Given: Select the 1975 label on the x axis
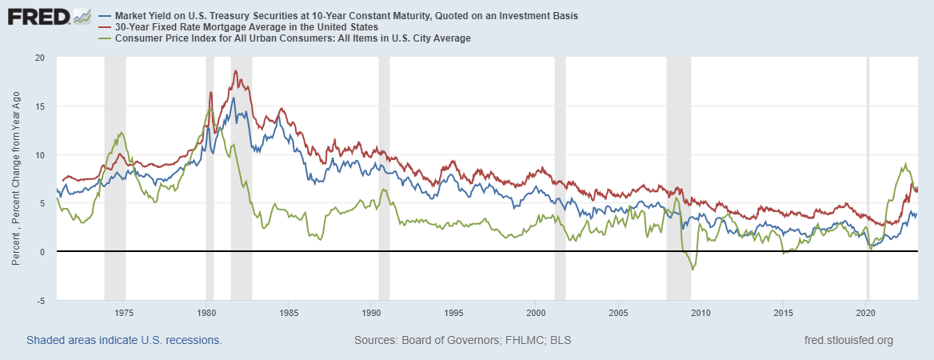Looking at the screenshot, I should pyautogui.click(x=124, y=312).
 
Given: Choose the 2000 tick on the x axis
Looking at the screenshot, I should pyautogui.click(x=536, y=312).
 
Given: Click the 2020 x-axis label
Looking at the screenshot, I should pyautogui.click(x=866, y=312).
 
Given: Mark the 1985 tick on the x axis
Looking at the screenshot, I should pyautogui.click(x=289, y=312).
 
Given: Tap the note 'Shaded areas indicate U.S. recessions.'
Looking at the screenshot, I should pyautogui.click(x=124, y=340).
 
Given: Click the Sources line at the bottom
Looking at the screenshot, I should pyautogui.click(x=462, y=340).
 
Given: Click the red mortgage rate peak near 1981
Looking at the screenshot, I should pyautogui.click(x=235, y=70).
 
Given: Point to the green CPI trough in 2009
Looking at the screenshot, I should pyautogui.click(x=693, y=270).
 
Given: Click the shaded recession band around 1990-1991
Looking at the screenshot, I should pyautogui.click(x=384, y=176).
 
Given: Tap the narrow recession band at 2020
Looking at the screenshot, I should pyautogui.click(x=868, y=176).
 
